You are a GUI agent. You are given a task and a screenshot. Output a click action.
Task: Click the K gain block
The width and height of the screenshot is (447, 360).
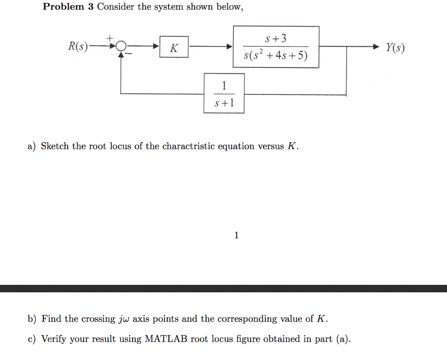(x=174, y=47)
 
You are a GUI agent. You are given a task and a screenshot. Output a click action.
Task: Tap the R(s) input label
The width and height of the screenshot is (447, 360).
(x=78, y=46)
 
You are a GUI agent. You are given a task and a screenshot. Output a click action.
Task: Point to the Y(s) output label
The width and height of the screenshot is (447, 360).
(x=395, y=47)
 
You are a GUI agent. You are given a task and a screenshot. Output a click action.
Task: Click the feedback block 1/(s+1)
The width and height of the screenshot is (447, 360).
(x=224, y=93)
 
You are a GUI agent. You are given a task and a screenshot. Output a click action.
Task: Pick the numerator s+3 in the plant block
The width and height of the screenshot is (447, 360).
(x=276, y=39)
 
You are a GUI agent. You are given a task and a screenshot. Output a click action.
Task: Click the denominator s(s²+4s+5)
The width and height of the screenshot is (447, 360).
(x=276, y=56)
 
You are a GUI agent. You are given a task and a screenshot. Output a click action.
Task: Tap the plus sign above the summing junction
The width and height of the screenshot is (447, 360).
(x=110, y=38)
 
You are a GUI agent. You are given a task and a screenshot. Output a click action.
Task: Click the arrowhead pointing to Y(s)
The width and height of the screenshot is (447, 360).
(x=376, y=46)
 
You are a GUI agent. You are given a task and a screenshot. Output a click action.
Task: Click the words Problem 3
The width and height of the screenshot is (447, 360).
(x=69, y=7)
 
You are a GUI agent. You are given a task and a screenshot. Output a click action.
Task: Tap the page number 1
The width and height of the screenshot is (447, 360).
(x=236, y=235)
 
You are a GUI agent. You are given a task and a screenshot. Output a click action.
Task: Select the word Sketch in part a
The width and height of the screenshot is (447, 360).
(x=55, y=146)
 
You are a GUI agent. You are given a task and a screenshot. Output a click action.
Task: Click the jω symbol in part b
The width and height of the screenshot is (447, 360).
(x=124, y=319)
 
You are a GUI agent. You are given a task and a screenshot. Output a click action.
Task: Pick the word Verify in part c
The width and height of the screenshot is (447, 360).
(x=55, y=339)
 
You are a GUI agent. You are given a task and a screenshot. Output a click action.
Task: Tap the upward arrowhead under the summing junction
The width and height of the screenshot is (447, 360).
(x=121, y=53)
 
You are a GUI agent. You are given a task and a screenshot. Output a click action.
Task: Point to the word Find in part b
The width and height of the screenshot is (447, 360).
(x=52, y=319)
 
